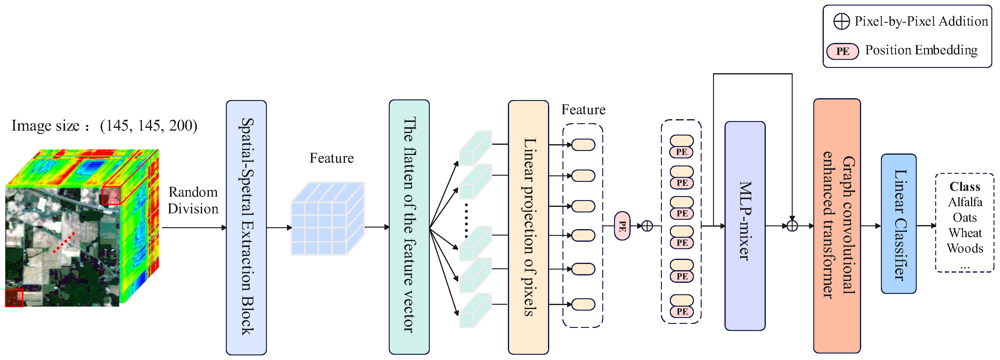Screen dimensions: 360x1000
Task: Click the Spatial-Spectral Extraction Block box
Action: pos(246,227)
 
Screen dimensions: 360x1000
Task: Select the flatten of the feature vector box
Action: pos(409,227)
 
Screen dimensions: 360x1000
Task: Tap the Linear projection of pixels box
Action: pos(528,227)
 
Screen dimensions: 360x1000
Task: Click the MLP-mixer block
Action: pos(745,226)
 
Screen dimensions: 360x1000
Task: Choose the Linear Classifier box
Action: pos(898,224)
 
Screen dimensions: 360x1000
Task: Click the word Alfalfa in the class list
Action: pos(965,202)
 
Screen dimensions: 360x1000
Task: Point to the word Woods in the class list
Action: pos(965,248)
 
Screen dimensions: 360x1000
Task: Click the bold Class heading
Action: pos(965,186)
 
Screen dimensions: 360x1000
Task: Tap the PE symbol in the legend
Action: pos(842,51)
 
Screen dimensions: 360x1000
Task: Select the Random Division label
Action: pos(193,200)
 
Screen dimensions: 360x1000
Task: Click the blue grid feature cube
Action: pos(328,219)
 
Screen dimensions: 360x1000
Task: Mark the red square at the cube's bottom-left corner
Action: pos(14,298)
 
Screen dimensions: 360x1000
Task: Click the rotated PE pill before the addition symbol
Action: pos(622,226)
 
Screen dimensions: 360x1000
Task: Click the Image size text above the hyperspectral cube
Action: pos(104,125)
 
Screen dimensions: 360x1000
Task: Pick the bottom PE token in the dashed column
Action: pos(682,311)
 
